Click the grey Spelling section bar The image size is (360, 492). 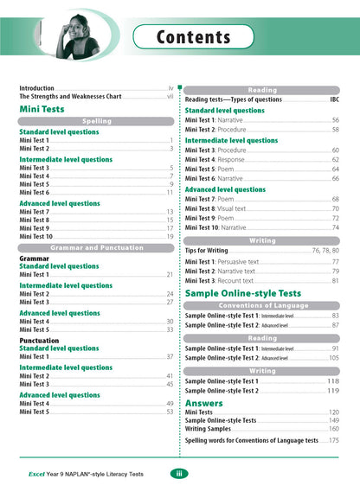click(x=97, y=121)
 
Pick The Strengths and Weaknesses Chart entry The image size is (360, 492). click(x=73, y=98)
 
